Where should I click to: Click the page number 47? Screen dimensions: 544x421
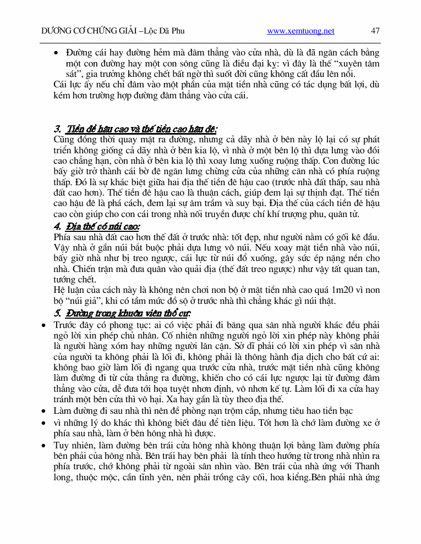(x=375, y=31)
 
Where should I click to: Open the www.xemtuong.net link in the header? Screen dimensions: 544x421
(x=300, y=31)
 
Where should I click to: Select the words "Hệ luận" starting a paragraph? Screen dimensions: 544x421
(x=69, y=290)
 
